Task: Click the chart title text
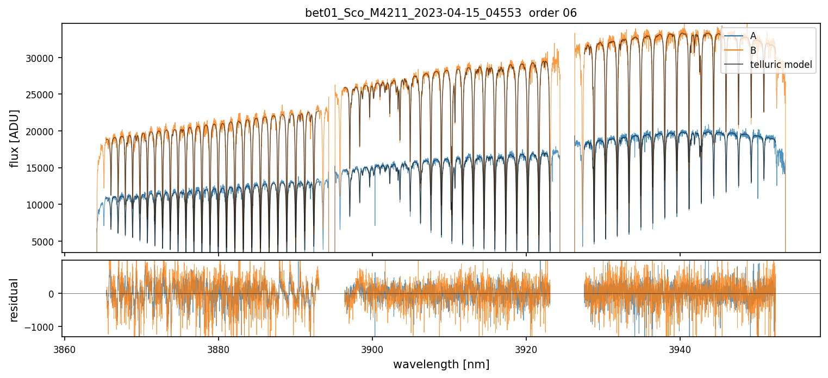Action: (441, 13)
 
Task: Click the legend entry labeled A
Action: (753, 36)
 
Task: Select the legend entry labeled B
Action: (753, 51)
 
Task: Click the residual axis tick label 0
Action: (51, 294)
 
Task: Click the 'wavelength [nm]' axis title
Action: (441, 364)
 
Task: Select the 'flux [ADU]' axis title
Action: (14, 138)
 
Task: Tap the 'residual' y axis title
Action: (14, 299)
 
